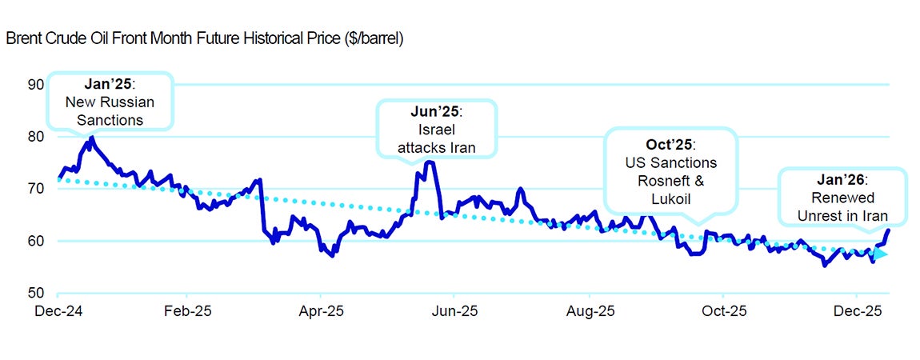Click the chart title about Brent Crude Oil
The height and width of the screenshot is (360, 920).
click(x=204, y=38)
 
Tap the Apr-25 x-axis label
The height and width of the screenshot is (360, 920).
click(x=321, y=310)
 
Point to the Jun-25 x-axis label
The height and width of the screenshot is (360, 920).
click(x=454, y=310)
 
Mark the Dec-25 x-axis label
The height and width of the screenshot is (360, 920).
click(x=857, y=310)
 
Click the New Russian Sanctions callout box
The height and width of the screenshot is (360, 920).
click(x=110, y=102)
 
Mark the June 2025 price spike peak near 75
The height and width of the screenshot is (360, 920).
click(x=429, y=162)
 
